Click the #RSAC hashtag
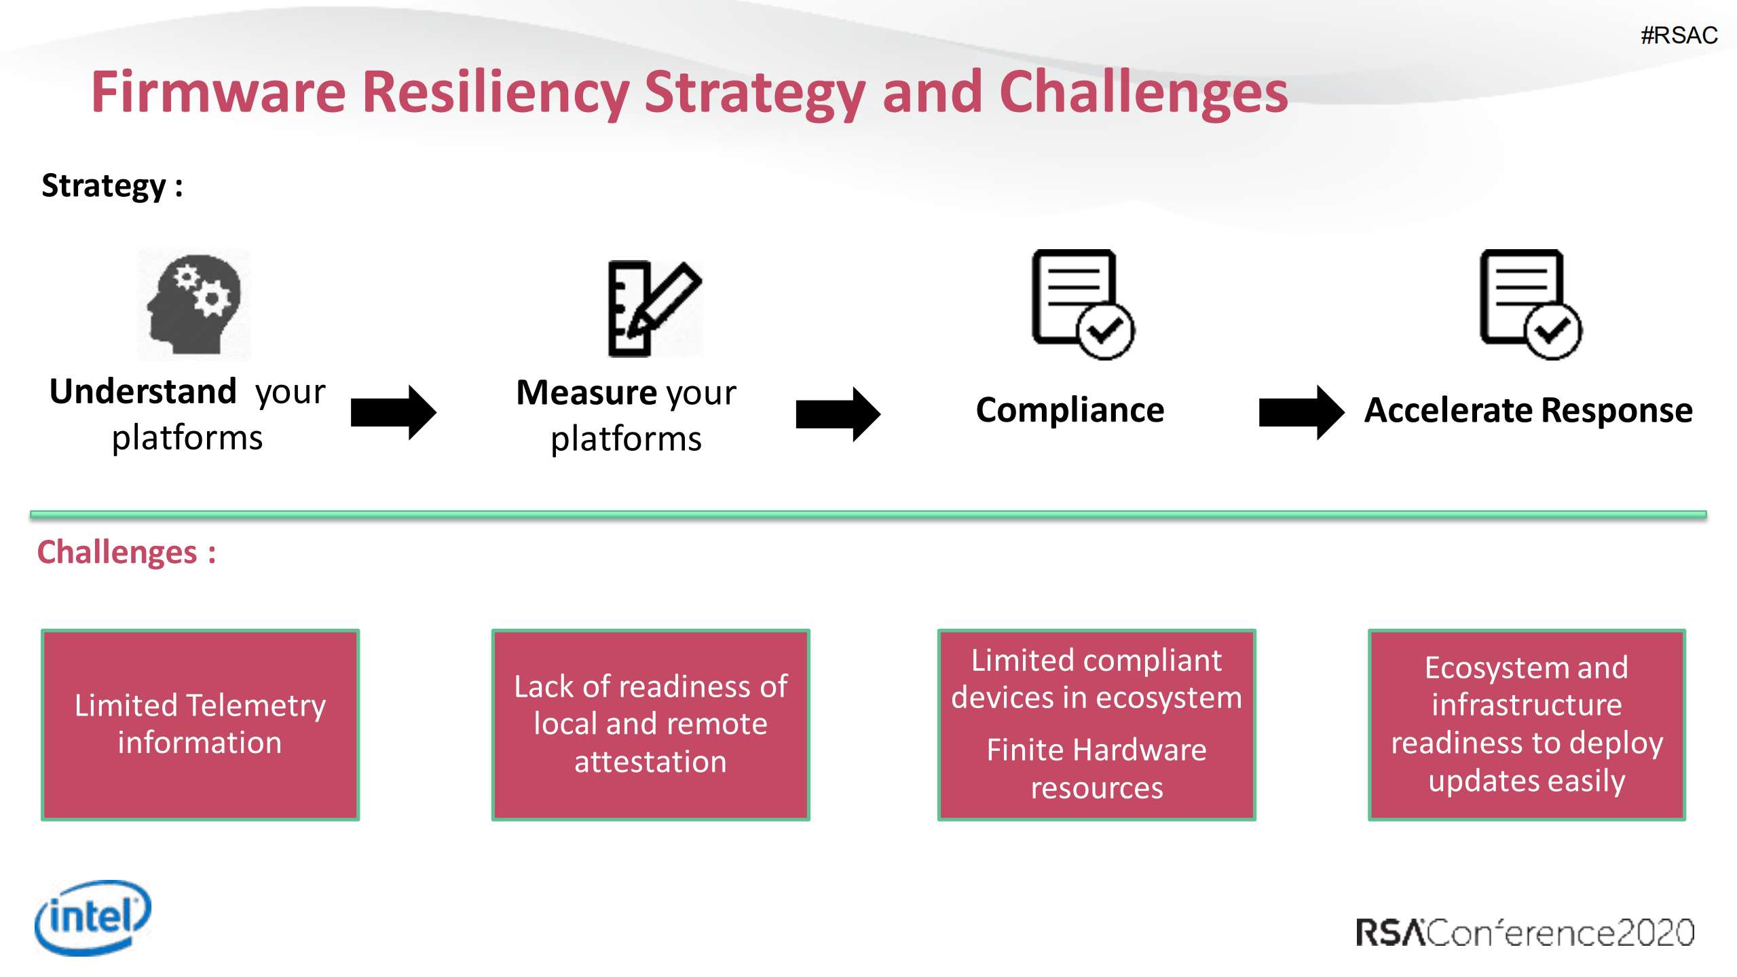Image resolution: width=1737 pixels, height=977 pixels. (1679, 35)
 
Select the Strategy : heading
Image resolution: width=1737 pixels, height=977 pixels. (112, 185)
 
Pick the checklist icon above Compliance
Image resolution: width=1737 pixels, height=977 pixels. (1083, 304)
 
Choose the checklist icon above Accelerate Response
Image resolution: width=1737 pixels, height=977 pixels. (1530, 304)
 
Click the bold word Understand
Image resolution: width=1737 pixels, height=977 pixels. (143, 392)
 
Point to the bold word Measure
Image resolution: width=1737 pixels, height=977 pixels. (586, 393)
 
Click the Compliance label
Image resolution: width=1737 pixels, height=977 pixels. (1070, 410)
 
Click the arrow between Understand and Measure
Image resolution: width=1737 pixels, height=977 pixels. (393, 412)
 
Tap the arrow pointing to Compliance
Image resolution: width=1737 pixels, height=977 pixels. (838, 414)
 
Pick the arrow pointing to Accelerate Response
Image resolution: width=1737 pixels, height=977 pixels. (1301, 412)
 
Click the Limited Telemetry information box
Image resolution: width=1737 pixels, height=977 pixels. (200, 724)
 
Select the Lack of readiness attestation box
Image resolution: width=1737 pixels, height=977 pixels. (650, 724)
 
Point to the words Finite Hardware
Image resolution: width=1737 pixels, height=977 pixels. (1096, 750)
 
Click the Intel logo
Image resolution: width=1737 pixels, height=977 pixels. (93, 917)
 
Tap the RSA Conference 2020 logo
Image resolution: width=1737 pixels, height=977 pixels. (1525, 932)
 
